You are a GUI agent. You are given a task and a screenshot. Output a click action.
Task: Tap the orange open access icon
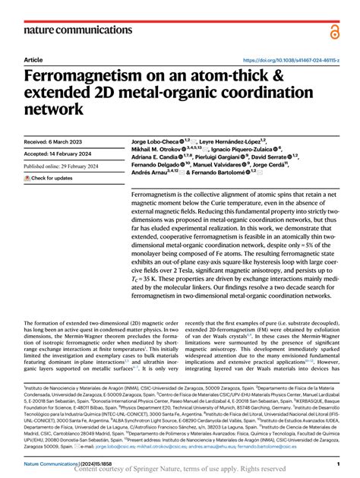click(334, 30)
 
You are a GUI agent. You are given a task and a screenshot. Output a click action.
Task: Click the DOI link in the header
click(291, 60)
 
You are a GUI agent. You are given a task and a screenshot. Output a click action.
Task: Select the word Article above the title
click(33, 60)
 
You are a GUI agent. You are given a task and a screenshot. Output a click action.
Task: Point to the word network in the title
click(55, 109)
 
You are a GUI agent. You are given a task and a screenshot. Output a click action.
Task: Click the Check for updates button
click(49, 178)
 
